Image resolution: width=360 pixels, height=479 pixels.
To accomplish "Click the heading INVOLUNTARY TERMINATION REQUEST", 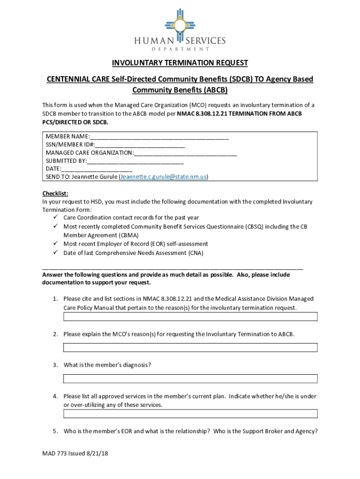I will point(180,63).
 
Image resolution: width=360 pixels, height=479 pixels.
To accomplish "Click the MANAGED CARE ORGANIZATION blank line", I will point(185,152).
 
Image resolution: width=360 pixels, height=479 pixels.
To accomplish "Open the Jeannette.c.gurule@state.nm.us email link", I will point(163,177).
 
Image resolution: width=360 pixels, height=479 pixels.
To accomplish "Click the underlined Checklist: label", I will point(56,193).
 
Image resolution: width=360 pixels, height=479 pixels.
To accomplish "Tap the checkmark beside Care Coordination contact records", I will point(55,218).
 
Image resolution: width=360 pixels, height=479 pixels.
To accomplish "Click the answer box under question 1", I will point(190,317).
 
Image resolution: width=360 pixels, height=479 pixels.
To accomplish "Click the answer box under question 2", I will point(190,348).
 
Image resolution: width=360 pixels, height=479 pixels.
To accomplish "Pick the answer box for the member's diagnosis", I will point(190,378).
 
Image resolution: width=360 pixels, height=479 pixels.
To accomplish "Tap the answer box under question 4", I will point(190,414).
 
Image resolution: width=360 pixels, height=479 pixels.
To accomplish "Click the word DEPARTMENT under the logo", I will point(180,49).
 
